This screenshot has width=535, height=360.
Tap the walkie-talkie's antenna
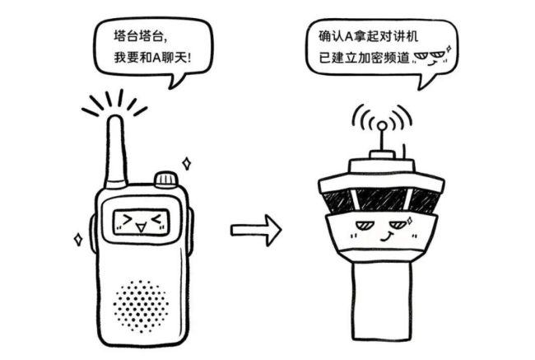point(115,148)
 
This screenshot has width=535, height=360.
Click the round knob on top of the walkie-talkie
point(165,178)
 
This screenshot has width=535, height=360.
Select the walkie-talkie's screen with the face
point(141,221)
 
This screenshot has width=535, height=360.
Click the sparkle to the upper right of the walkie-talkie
point(187,161)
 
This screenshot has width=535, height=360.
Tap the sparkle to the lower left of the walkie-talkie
point(78,238)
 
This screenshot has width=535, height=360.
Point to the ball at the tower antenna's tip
point(381,126)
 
